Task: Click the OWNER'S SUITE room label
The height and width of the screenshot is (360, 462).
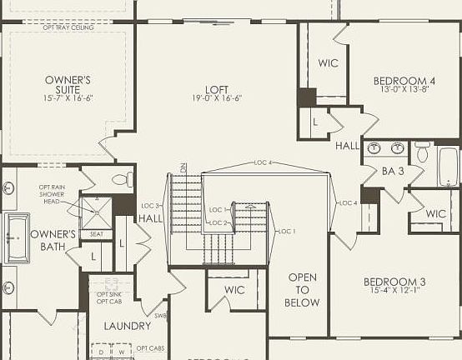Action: (68, 85)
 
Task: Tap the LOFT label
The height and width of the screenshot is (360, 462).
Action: (217, 89)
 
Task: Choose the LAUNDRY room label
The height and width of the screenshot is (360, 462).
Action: (128, 326)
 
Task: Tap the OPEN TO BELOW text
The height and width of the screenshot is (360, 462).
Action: (302, 290)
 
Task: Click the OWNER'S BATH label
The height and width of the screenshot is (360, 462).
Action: (53, 240)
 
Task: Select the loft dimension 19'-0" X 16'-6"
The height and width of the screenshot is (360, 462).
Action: (217, 98)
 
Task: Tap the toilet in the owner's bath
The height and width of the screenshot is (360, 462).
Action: (122, 179)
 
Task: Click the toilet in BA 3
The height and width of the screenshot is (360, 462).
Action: (423, 152)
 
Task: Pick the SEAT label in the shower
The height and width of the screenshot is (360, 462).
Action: (97, 234)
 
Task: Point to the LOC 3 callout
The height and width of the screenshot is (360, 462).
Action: (150, 205)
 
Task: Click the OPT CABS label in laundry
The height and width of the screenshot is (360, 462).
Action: (150, 347)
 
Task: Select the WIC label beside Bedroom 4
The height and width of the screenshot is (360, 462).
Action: (328, 63)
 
